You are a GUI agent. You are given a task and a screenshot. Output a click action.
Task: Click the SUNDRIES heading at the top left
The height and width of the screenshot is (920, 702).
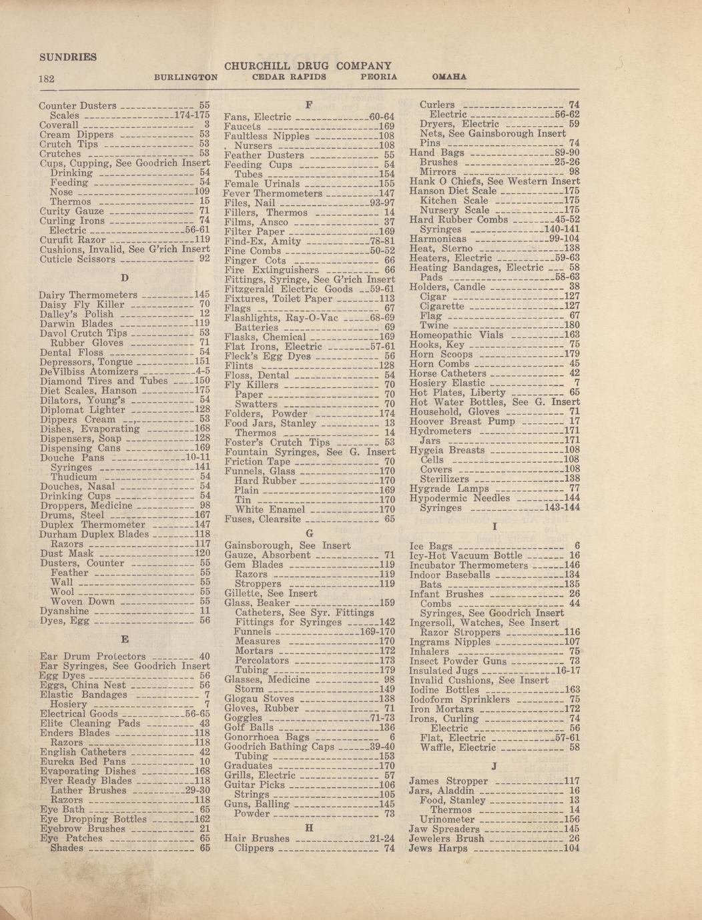[67, 57]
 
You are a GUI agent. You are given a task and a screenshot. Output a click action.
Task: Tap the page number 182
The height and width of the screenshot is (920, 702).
[46, 79]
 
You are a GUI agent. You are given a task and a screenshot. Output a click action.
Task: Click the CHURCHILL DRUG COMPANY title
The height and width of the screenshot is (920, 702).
[308, 66]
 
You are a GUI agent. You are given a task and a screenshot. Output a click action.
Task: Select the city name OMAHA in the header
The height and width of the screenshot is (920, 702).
[449, 77]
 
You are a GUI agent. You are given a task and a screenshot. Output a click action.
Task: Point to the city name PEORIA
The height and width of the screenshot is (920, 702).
[378, 77]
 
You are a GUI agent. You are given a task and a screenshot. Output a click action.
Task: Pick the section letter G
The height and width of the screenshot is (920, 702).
[309, 533]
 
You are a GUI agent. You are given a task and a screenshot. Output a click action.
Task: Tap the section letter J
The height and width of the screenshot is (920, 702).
[494, 766]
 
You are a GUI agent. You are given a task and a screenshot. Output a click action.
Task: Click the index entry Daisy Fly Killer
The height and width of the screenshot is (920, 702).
[82, 304]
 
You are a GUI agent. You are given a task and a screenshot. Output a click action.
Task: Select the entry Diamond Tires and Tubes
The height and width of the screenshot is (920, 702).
[103, 381]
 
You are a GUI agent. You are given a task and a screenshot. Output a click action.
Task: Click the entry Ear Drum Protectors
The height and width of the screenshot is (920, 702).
[93, 656]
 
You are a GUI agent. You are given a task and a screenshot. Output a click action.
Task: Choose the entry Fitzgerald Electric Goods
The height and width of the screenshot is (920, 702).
[289, 289]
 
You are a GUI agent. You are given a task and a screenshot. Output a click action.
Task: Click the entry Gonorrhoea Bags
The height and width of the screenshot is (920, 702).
[267, 737]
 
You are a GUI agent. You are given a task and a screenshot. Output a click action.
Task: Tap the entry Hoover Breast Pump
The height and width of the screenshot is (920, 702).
[462, 421]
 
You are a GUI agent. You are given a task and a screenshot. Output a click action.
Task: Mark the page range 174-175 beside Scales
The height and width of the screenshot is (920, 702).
[192, 115]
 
